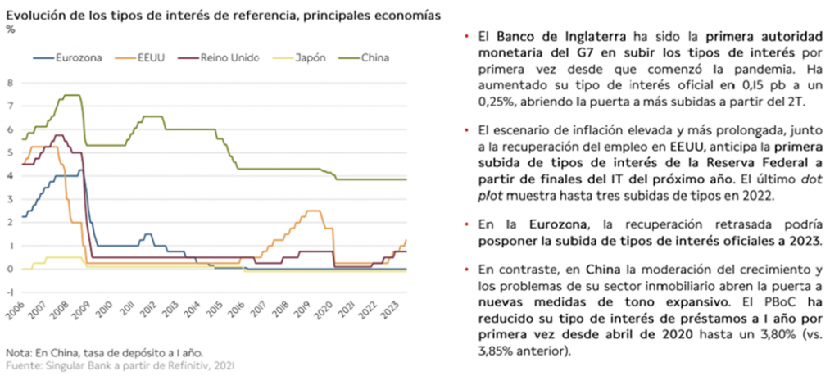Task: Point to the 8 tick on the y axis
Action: pos(10,83)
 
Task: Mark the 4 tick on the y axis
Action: pos(10,176)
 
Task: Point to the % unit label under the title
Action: pos(11,29)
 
